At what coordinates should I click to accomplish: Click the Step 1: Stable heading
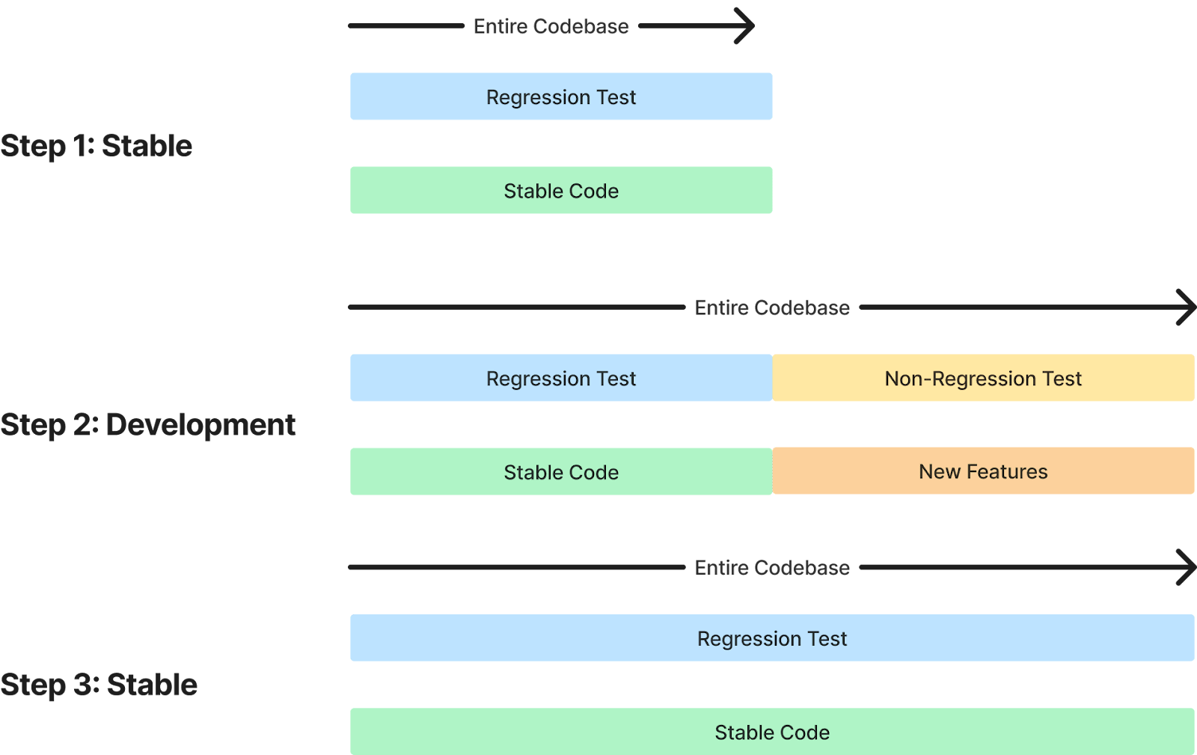point(96,146)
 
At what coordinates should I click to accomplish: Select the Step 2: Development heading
point(148,425)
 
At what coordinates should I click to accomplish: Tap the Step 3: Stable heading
point(99,685)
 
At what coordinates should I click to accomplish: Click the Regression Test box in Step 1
point(561,97)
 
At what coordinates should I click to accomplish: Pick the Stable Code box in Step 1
point(561,191)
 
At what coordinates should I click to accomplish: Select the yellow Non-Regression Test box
point(983,379)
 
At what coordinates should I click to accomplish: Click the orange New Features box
point(983,471)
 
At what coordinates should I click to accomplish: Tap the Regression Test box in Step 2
point(561,379)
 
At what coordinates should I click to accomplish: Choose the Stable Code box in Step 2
point(561,472)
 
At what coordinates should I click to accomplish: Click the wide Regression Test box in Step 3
point(772,639)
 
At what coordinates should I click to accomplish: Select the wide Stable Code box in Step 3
point(772,733)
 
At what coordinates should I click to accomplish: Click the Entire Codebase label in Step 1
point(551,27)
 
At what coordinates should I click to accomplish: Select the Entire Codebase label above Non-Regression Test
point(772,308)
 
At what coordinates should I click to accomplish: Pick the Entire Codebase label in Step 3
point(772,568)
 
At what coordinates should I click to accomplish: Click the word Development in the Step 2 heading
point(200,425)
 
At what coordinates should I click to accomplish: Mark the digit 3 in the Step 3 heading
point(84,685)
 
